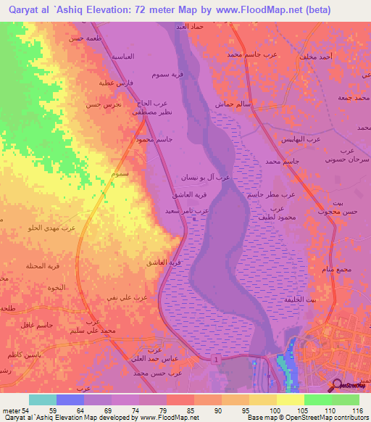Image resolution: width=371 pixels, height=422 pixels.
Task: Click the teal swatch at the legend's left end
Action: coord(42,400)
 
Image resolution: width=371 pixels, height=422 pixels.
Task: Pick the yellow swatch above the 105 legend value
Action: coord(291,400)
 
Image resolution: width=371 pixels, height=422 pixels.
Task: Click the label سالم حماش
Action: coord(231,104)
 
